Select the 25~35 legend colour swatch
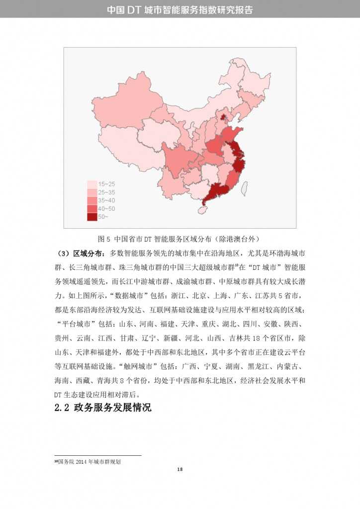(x=92, y=192)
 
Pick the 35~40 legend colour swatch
(x=92, y=200)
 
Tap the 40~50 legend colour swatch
(x=92, y=208)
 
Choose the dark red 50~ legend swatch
(x=92, y=216)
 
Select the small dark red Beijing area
(x=223, y=118)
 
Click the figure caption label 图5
(x=103, y=238)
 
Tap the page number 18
(x=180, y=470)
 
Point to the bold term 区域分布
(x=89, y=254)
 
